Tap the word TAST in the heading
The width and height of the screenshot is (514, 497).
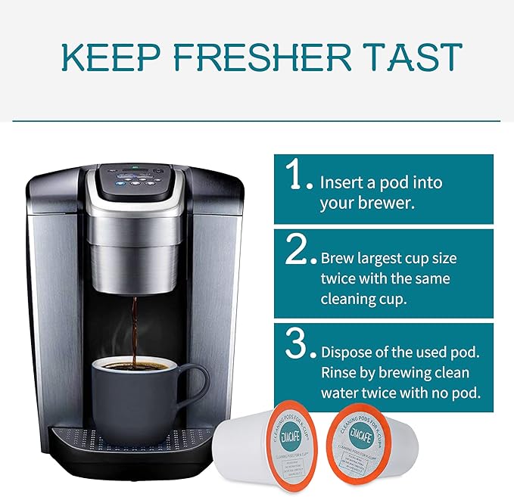click(x=419, y=58)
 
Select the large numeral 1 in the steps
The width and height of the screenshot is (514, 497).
click(x=294, y=176)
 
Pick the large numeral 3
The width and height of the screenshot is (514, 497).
click(x=296, y=344)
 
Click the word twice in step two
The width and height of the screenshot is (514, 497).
click(x=339, y=278)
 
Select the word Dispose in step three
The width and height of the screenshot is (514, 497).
click(x=347, y=353)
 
